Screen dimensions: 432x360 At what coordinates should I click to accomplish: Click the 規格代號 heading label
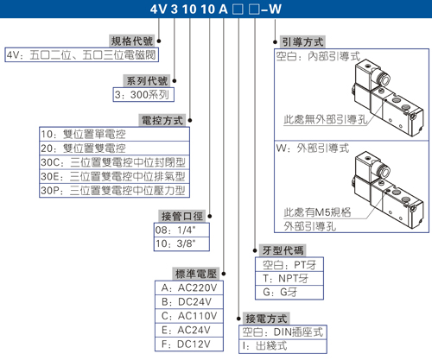132,41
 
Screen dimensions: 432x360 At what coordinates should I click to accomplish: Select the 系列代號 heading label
147,80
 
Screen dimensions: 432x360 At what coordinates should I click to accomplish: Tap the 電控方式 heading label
162,120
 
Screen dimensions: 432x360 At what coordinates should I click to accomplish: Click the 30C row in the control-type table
114,162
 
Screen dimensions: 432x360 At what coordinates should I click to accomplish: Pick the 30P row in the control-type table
114,190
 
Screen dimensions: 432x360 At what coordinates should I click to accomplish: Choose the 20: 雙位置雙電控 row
114,148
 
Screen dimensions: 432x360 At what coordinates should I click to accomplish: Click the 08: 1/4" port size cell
181,230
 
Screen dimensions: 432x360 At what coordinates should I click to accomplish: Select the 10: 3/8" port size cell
181,243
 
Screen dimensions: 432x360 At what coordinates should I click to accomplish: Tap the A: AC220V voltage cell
189,287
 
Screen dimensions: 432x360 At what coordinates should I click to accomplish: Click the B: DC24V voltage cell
189,302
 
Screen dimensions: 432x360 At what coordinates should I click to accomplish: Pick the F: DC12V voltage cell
189,344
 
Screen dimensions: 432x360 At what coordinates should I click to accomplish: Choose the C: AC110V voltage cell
189,316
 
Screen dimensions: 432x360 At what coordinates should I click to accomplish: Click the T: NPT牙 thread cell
289,278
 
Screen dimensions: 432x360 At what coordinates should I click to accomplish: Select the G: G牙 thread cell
289,293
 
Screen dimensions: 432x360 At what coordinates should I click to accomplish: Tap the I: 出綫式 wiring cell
283,346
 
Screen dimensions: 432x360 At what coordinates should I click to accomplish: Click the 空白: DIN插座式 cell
283,332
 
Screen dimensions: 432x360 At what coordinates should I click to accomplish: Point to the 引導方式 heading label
302,42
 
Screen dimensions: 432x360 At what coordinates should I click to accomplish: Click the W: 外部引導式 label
313,148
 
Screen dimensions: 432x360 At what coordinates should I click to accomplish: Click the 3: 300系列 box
143,94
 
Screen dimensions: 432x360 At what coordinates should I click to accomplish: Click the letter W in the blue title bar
275,9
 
